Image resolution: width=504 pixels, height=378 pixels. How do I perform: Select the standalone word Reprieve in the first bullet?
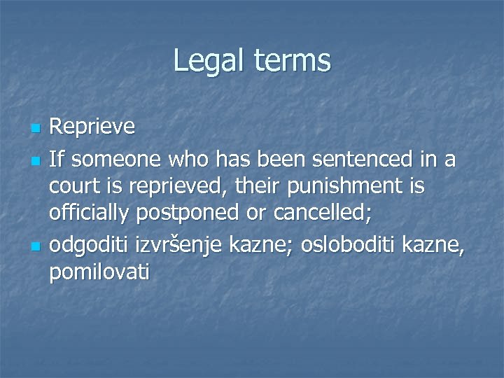[92, 127]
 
